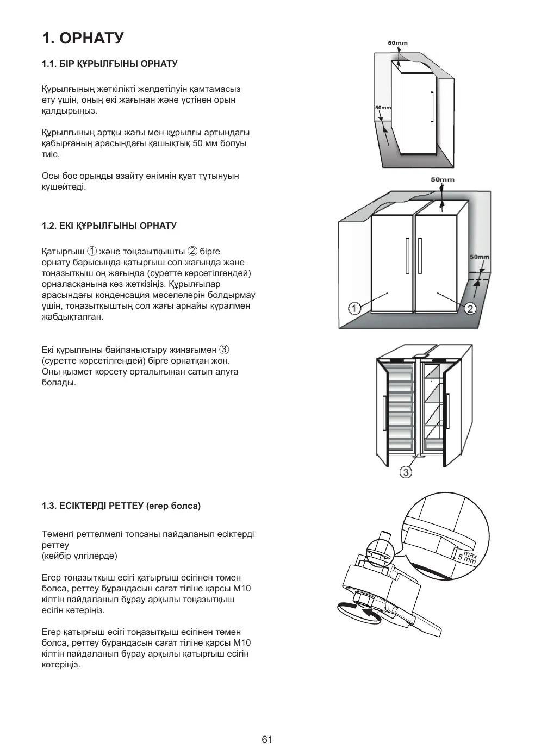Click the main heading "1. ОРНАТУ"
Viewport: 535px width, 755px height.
[83, 38]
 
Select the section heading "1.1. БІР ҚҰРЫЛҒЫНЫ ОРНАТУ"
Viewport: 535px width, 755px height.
[109, 64]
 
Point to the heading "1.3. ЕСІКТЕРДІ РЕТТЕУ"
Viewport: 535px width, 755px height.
[121, 506]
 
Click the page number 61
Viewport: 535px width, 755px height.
[267, 739]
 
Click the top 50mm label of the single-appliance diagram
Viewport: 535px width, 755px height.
[397, 43]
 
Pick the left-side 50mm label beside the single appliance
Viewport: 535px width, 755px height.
[383, 108]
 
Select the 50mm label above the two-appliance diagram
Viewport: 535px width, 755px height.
[443, 180]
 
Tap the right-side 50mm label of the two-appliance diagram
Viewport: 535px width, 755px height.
[479, 257]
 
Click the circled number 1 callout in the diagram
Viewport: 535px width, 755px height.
[354, 309]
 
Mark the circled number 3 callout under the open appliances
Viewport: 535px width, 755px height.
[406, 472]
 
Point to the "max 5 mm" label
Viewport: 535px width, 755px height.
[467, 556]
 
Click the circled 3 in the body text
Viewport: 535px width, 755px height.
[224, 350]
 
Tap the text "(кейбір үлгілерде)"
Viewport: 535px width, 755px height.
[79, 556]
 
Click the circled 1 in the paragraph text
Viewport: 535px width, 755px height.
[92, 251]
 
